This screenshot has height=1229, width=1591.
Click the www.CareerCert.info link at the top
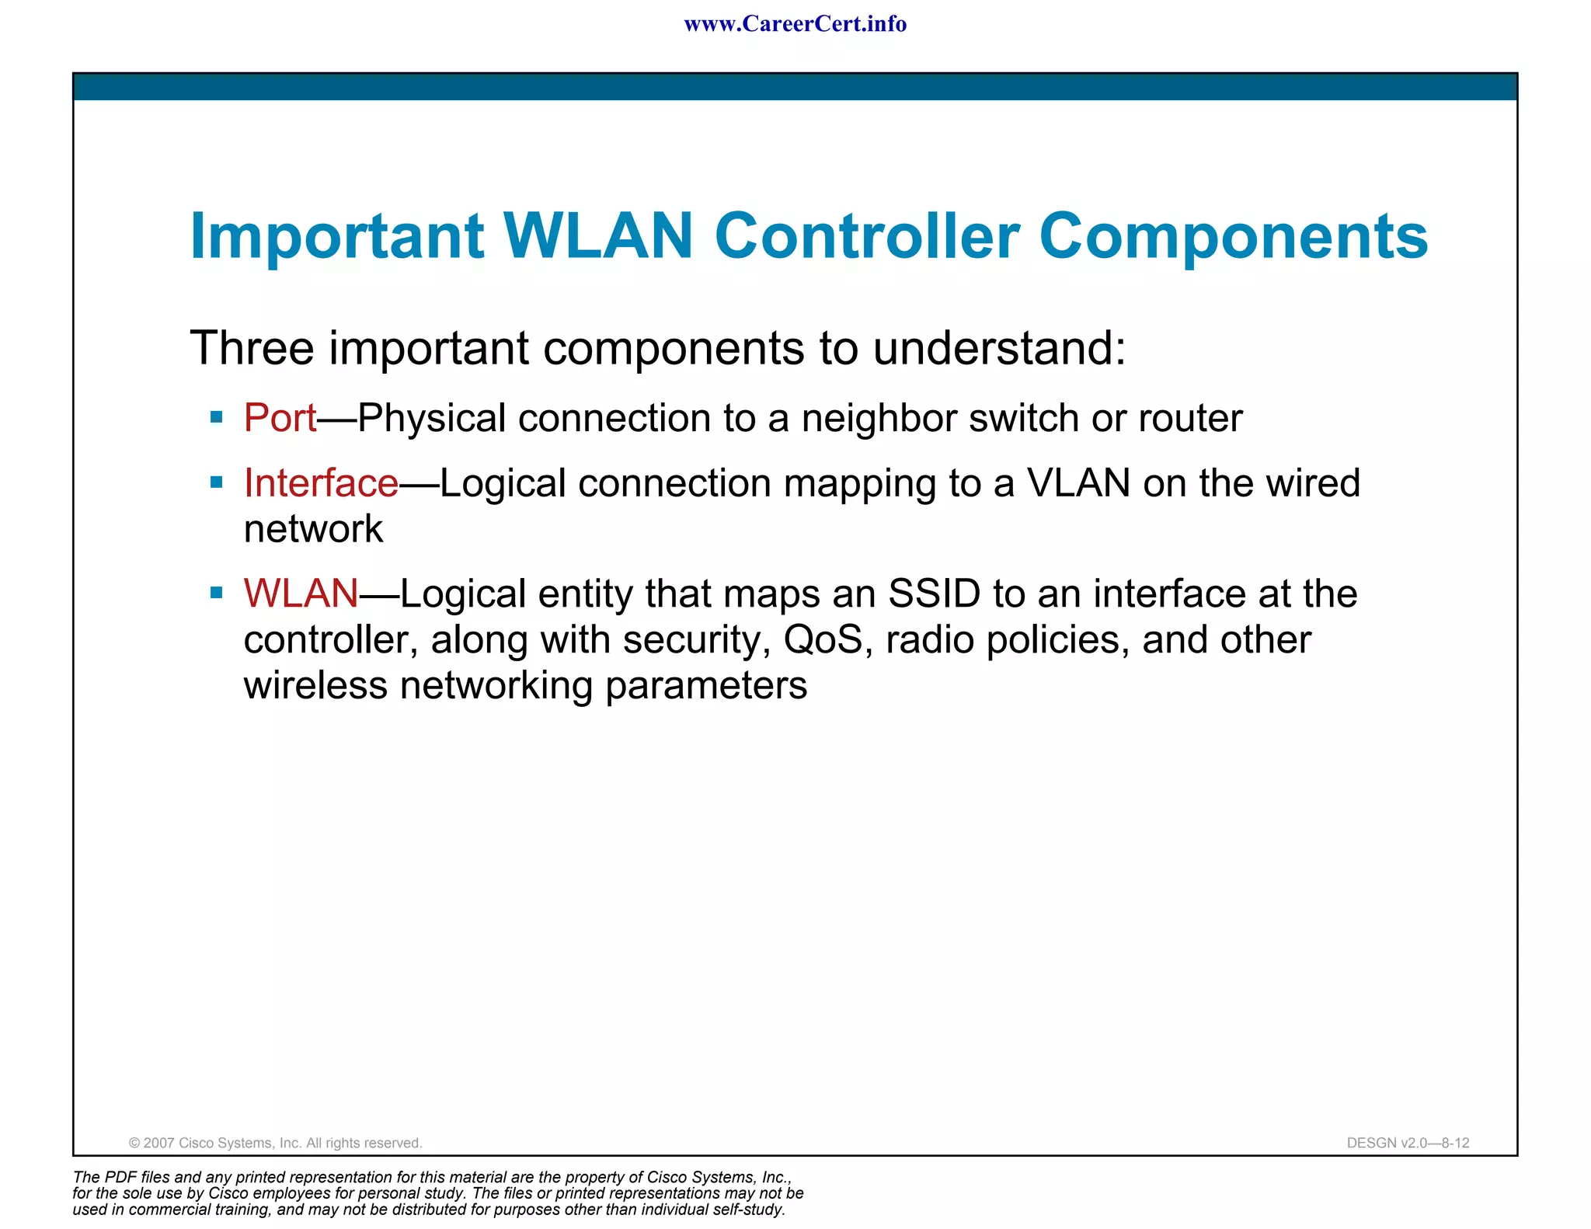[x=795, y=24]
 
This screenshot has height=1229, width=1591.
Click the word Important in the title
[x=337, y=236]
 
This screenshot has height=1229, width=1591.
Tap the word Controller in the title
[x=867, y=236]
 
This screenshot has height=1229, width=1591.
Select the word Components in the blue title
[x=1233, y=238]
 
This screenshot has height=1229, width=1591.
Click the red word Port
[x=280, y=419]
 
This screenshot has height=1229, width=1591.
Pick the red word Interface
[x=321, y=483]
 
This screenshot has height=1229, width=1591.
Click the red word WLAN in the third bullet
[x=301, y=594]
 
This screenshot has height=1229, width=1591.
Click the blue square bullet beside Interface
[x=217, y=483]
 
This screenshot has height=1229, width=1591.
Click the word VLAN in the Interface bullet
[x=1078, y=483]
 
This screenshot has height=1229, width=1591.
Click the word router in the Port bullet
[x=1189, y=419]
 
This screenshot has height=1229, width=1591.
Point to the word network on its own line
[x=313, y=530]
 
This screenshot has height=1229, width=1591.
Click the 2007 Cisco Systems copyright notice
[x=275, y=1143]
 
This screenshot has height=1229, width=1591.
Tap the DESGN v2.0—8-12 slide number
[x=1408, y=1143]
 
